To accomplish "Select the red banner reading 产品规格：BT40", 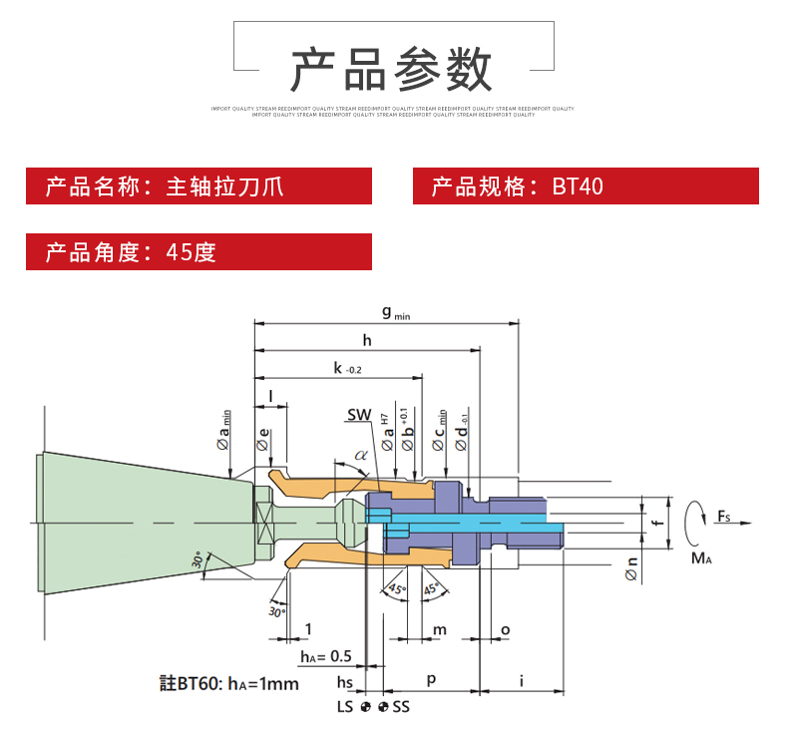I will click(586, 186).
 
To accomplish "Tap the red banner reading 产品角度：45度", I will click(198, 251).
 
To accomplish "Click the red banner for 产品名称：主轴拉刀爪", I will click(198, 186).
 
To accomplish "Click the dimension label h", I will click(367, 341).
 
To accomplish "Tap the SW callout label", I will click(359, 414).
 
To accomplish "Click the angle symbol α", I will click(360, 456).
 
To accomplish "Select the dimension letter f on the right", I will click(654, 521).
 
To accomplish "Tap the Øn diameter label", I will click(630, 568).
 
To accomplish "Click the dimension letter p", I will click(431, 679).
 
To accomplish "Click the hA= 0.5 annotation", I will click(326, 655).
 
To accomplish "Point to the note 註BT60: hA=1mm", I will click(229, 683).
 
